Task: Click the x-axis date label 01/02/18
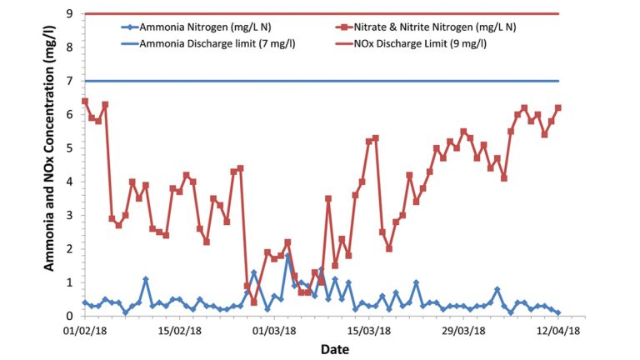tap(84, 331)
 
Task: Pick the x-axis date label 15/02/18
tap(179, 331)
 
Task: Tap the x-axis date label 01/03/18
tap(274, 331)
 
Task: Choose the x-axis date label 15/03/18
tap(369, 331)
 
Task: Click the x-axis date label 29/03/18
tap(463, 331)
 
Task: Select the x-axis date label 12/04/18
tap(558, 331)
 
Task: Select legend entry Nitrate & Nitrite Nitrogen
tap(434, 27)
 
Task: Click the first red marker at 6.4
tap(85, 101)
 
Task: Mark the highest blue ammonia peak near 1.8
tap(287, 257)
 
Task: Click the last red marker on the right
tap(558, 107)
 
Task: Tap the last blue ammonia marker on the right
tap(557, 312)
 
